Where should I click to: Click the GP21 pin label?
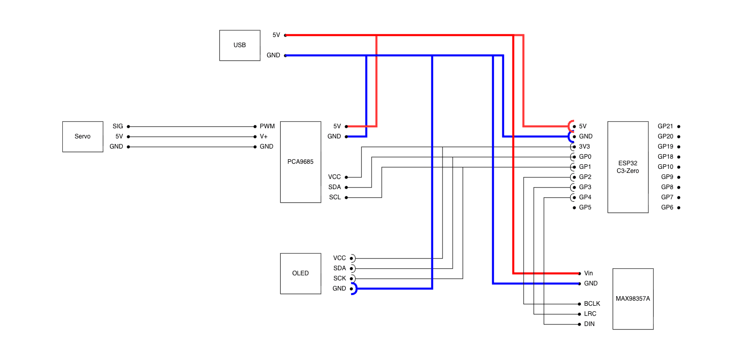tap(665, 126)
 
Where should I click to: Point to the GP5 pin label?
tap(585, 207)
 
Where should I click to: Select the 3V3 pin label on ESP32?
tap(584, 147)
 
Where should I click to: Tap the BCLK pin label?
tap(592, 304)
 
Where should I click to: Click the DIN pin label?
tap(589, 324)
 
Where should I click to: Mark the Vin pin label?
tap(588, 273)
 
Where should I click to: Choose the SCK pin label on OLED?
tap(340, 278)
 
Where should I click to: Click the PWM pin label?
tap(267, 126)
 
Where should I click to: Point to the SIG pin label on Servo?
tap(118, 126)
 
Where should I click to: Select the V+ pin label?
tap(264, 136)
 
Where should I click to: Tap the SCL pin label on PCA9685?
tap(335, 197)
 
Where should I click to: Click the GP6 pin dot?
tap(679, 207)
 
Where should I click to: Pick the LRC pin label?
tap(590, 314)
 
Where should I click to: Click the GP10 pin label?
tap(665, 167)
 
